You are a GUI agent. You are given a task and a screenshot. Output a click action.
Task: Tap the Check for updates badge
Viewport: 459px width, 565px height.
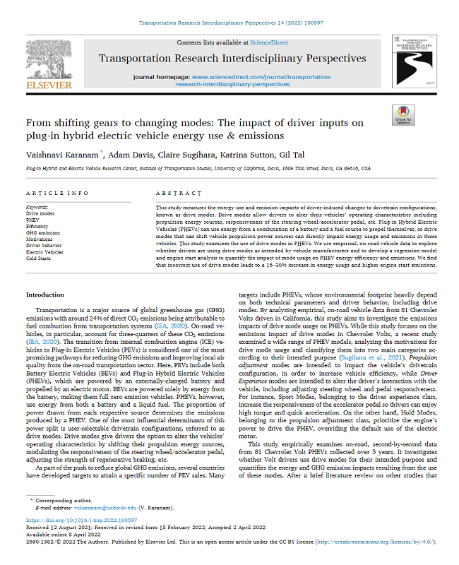[403, 115]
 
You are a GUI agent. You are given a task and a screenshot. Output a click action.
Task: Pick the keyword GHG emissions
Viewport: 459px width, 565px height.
[43, 232]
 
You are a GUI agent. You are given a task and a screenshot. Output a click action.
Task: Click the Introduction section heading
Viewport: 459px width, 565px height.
[44, 295]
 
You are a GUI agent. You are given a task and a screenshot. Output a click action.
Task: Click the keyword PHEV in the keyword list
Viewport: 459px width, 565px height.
[34, 219]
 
